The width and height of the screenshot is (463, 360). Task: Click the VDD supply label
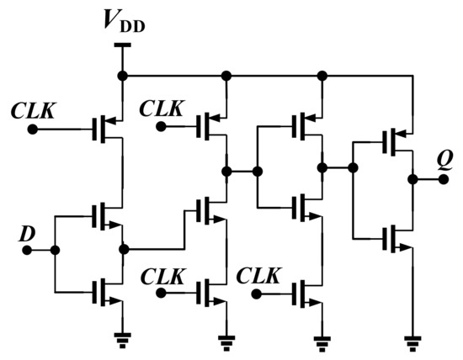[123, 23]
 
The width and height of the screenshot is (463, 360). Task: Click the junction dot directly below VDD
[123, 76]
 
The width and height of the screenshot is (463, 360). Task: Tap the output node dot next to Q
[412, 179]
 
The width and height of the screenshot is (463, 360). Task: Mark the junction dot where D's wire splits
[56, 250]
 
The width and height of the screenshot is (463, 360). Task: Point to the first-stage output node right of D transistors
[124, 249]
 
